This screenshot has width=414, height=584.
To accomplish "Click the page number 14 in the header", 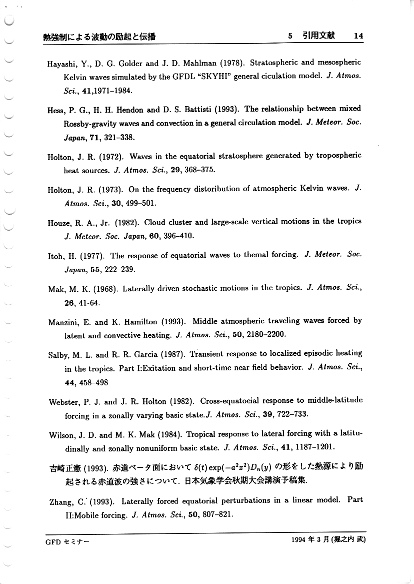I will point(358,36).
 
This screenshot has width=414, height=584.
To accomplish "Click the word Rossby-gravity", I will point(90,123).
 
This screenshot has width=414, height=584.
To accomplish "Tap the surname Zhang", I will point(60,501).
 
